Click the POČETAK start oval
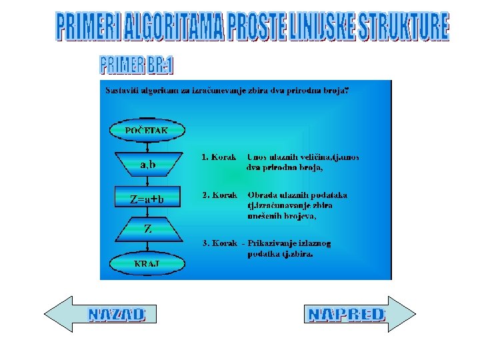[x=147, y=130]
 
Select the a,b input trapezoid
[x=147, y=164]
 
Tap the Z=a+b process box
[x=147, y=198]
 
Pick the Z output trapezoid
[x=147, y=229]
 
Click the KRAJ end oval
[x=147, y=263]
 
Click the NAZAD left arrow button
[x=101, y=314]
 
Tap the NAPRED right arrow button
[x=360, y=314]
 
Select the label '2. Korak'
[x=220, y=195]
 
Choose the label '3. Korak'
[x=220, y=243]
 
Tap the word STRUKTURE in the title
[x=403, y=27]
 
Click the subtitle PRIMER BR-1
[x=137, y=65]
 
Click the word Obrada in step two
[x=262, y=195]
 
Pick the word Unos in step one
[x=257, y=157]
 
